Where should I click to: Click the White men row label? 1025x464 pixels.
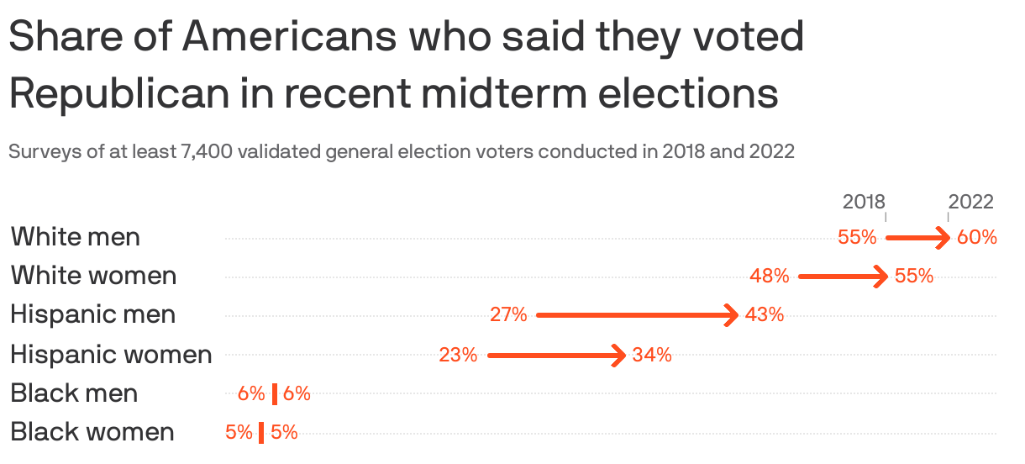click(x=76, y=237)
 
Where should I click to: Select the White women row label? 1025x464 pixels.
click(x=93, y=276)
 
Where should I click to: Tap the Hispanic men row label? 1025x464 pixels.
click(x=93, y=315)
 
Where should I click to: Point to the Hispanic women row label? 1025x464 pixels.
click(x=111, y=355)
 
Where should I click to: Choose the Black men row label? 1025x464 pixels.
click(x=75, y=393)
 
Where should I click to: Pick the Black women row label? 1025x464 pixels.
click(x=92, y=432)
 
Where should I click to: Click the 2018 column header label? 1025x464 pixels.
click(x=864, y=203)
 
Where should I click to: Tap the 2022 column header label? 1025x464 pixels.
click(x=971, y=203)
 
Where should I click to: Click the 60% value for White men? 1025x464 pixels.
click(x=977, y=238)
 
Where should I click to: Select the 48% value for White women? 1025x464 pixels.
click(x=770, y=277)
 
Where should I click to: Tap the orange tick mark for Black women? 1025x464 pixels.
click(x=261, y=433)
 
